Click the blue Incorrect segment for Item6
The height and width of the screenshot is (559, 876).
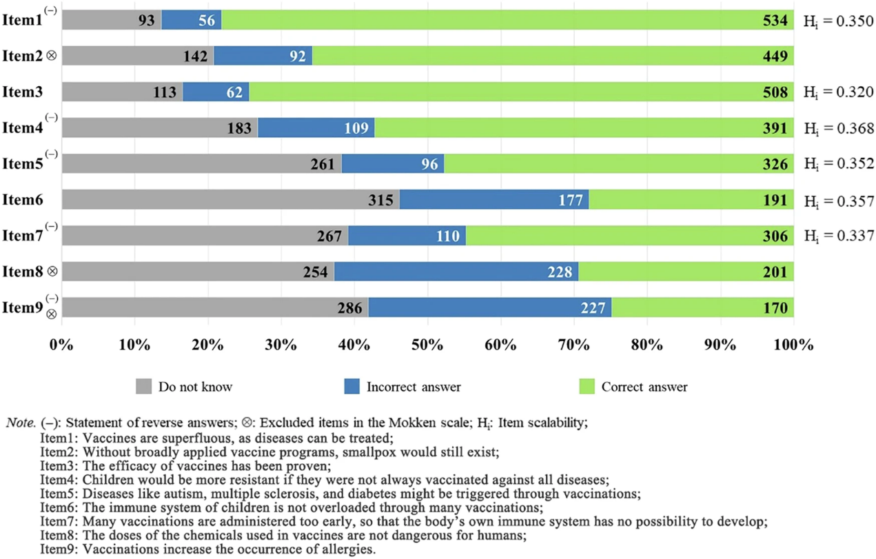click(493, 200)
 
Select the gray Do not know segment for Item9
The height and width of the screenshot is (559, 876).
click(215, 307)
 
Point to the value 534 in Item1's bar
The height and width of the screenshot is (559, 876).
click(775, 21)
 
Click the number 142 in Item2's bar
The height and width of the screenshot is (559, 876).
click(196, 57)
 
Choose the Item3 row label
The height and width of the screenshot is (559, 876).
click(23, 92)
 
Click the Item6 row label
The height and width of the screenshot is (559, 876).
click(23, 200)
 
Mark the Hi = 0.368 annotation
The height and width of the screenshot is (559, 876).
click(838, 128)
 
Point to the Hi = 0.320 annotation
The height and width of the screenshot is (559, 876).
click(838, 92)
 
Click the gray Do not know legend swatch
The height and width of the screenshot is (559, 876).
click(143, 387)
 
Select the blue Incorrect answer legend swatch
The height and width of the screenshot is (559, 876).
click(352, 387)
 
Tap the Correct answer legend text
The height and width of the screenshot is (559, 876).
click(644, 387)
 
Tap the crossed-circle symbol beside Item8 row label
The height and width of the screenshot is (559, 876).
click(52, 272)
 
